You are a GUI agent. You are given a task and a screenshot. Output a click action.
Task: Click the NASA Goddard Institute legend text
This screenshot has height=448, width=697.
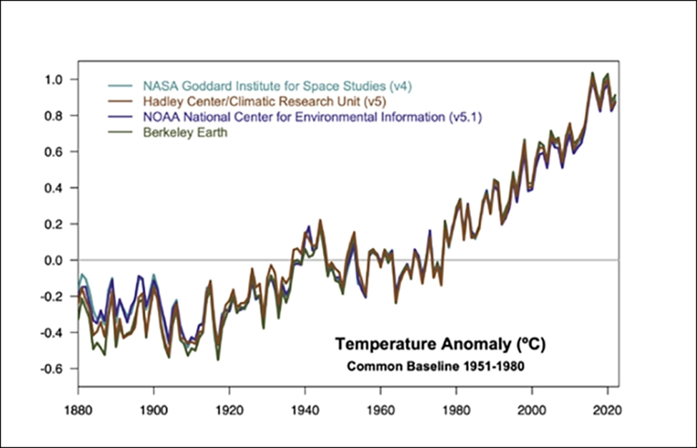tap(277, 86)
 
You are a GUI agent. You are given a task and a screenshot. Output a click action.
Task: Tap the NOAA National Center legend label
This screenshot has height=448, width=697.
tap(311, 116)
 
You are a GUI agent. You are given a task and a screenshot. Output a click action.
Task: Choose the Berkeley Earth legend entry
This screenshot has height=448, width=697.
tap(184, 132)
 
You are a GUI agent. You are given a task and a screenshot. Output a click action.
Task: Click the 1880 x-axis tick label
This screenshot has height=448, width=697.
tap(79, 412)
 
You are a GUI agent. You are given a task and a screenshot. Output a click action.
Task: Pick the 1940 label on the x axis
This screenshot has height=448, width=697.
tap(305, 412)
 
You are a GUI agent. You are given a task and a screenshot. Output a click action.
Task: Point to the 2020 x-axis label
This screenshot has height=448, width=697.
tap(608, 412)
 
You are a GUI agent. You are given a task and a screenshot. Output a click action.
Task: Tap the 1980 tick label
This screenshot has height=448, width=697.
tap(457, 412)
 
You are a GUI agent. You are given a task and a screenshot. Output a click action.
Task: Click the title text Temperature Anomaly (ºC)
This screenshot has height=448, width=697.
tap(440, 345)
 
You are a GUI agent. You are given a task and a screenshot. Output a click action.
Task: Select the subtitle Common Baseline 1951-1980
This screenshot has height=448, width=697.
tap(435, 367)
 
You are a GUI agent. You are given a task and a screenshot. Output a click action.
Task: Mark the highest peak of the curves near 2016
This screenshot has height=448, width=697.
tap(592, 72)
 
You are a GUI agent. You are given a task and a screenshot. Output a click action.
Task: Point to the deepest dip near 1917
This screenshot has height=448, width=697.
tap(218, 359)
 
